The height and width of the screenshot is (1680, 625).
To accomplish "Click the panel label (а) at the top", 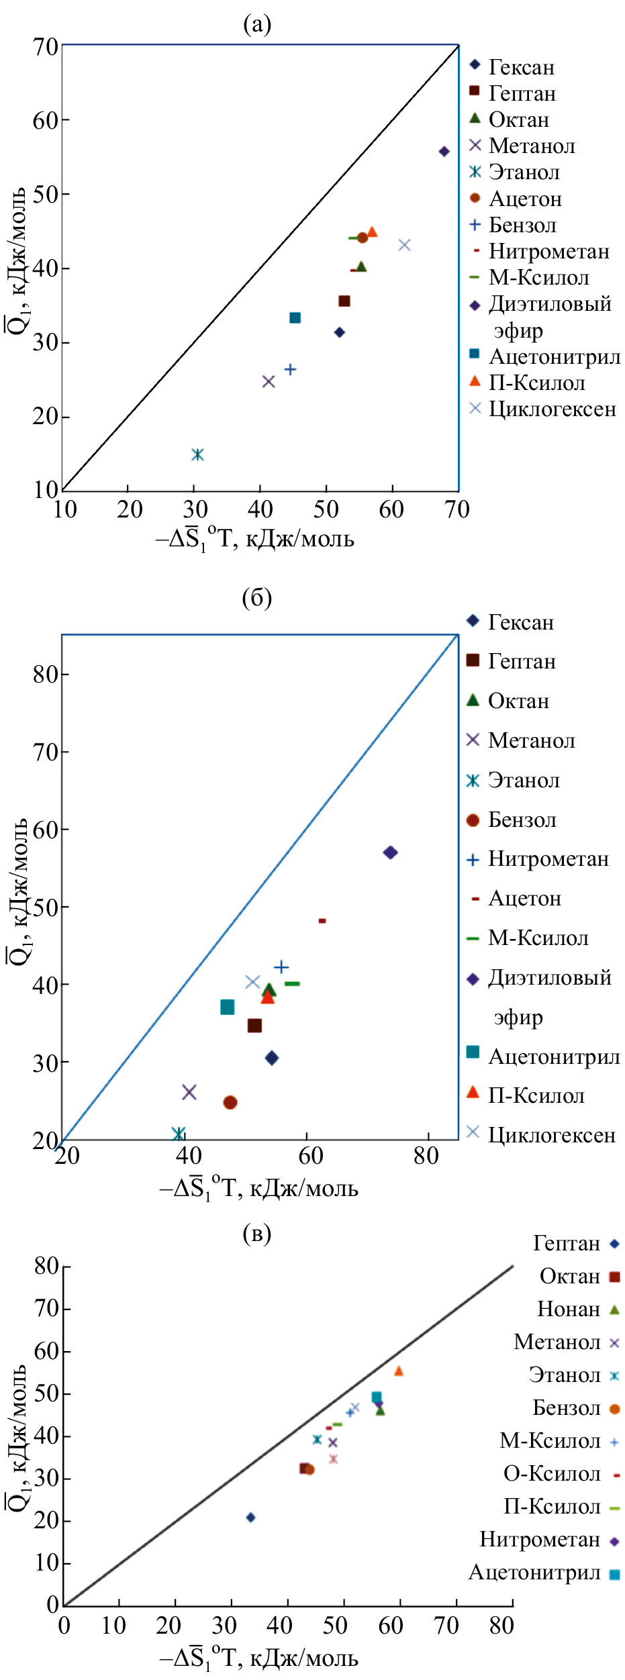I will pos(257,25).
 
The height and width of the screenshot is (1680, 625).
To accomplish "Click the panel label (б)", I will pos(257,597).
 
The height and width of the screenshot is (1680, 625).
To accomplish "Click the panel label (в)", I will pos(257,1233).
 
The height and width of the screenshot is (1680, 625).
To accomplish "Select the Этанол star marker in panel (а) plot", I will pos(197,454).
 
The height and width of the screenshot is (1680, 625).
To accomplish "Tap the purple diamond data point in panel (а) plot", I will pos(444,152).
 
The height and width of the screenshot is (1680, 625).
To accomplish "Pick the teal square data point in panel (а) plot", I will pos(295,317).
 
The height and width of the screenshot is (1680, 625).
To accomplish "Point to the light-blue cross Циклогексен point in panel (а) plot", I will pos(404,244).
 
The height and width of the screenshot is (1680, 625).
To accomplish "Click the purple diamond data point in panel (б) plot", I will pos(390,852).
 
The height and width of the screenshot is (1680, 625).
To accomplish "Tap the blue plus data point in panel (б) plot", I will pos(281,967).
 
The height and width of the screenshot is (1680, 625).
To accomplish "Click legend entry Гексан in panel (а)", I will pos(521,67).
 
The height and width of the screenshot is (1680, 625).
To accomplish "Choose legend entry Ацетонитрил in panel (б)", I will pos(553,1056).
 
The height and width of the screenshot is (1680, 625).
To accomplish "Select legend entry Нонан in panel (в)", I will pos(569,1310).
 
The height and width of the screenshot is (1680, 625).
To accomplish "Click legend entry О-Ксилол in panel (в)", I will pos(552,1474).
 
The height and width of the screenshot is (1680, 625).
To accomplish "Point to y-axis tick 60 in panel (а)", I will pos(46,119).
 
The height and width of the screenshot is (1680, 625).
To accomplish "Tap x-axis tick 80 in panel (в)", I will pos(501,1625).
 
